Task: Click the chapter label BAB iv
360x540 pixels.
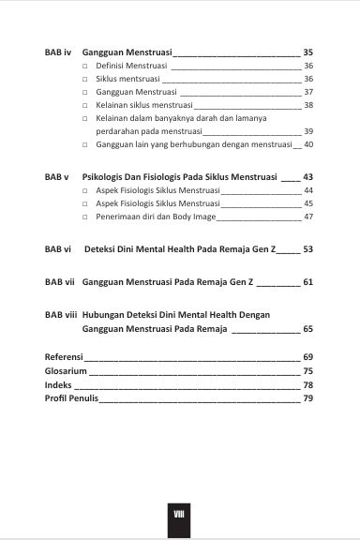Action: [58, 52]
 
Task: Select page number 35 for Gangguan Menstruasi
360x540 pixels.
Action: [307, 52]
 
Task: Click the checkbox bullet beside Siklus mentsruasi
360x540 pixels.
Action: [85, 80]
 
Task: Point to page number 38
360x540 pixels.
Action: [308, 106]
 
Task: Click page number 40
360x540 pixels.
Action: [308, 145]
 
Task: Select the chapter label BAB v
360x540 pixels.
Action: [57, 176]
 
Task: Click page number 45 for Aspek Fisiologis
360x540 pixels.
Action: [308, 203]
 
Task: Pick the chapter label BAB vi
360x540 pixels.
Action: [58, 249]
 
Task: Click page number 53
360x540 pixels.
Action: [307, 249]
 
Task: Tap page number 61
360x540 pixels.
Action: [307, 281]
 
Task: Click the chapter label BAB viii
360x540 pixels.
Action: [61, 314]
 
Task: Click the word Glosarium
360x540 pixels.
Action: [66, 371]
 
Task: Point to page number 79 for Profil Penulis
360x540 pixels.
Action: [307, 398]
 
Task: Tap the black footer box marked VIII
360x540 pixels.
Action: [179, 515]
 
